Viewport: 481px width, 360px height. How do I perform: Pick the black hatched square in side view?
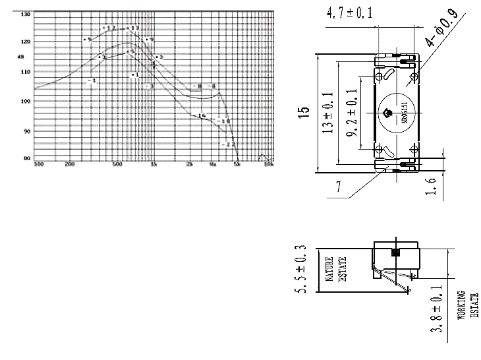396,253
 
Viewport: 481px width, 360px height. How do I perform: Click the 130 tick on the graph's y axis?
26,13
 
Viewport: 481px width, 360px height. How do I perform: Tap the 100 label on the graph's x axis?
39,164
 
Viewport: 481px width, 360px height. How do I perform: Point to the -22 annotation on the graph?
230,144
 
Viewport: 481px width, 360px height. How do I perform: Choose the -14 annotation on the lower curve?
202,115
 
